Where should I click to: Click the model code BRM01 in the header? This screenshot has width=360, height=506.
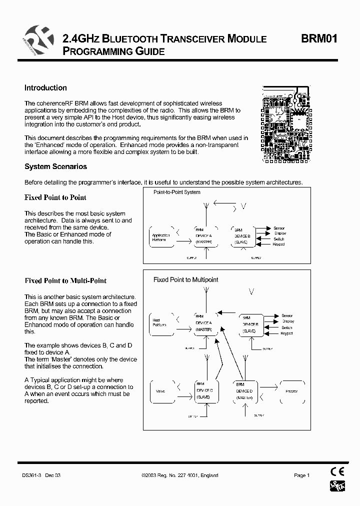(318, 39)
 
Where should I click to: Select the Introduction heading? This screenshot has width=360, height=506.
(45, 88)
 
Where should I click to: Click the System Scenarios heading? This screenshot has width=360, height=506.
(55, 167)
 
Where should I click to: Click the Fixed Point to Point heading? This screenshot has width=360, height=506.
(55, 197)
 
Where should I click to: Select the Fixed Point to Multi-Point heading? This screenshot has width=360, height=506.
(65, 281)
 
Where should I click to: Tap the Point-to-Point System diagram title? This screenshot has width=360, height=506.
(176, 192)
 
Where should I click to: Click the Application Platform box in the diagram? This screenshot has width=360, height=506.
(161, 237)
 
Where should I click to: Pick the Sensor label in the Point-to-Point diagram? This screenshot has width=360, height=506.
(278, 228)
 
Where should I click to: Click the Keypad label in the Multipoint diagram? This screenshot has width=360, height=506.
(286, 333)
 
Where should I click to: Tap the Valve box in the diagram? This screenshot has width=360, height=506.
(161, 391)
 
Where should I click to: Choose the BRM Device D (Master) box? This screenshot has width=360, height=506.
(244, 390)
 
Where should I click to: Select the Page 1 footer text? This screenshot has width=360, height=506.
(302, 475)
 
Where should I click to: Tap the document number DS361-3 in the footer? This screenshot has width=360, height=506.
(32, 475)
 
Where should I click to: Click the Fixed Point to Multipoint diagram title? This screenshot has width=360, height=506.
(185, 280)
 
